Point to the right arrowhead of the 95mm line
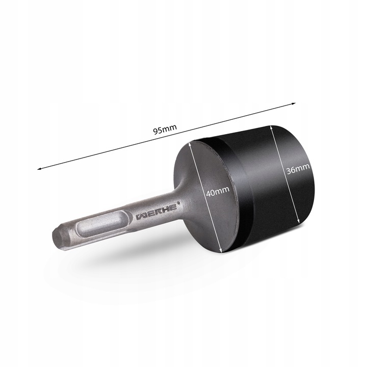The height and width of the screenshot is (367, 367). coord(294,103)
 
